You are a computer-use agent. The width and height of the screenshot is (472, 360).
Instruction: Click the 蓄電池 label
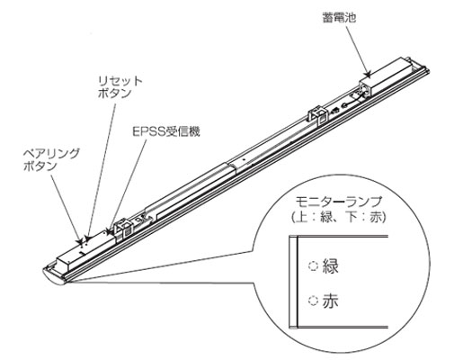[x=339, y=17]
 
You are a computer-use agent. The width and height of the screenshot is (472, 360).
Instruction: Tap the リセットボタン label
[x=120, y=86]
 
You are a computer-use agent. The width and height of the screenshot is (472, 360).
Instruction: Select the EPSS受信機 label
[x=165, y=131]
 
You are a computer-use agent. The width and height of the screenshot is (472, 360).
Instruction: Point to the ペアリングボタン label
[x=51, y=159]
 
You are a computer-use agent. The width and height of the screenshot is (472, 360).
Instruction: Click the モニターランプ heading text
[x=339, y=202]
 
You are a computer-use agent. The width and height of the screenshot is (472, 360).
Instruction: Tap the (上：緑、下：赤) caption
[x=339, y=217]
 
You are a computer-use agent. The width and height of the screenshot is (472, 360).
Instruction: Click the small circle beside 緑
[x=314, y=265]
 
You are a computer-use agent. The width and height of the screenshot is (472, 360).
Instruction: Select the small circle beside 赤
[x=314, y=300]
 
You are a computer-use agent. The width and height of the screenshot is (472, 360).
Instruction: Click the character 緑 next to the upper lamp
[x=330, y=265]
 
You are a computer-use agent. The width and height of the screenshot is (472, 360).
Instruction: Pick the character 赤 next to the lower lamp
[x=330, y=300]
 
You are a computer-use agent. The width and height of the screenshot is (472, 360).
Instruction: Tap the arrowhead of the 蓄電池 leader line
[x=367, y=74]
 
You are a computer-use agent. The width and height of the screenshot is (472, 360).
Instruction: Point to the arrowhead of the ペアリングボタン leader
[x=79, y=241]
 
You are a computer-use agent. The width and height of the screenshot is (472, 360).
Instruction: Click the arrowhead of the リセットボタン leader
[x=86, y=238]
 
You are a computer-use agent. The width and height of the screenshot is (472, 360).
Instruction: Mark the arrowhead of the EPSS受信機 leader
[x=110, y=230]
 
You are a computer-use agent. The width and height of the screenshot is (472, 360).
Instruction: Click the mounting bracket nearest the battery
[x=317, y=115]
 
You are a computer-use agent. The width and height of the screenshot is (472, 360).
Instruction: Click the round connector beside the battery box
[x=344, y=105]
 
